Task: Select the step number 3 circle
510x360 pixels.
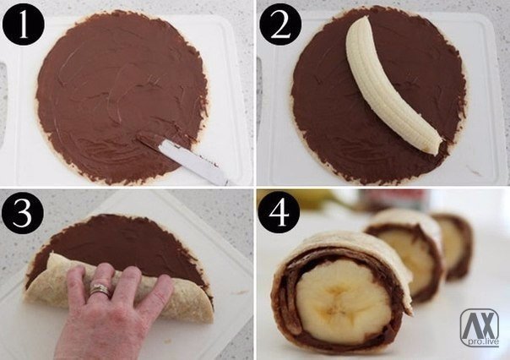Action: (22, 213)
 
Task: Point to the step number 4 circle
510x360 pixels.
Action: (279, 211)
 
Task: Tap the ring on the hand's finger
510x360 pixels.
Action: (100, 290)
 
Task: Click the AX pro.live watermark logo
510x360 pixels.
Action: (480, 327)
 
